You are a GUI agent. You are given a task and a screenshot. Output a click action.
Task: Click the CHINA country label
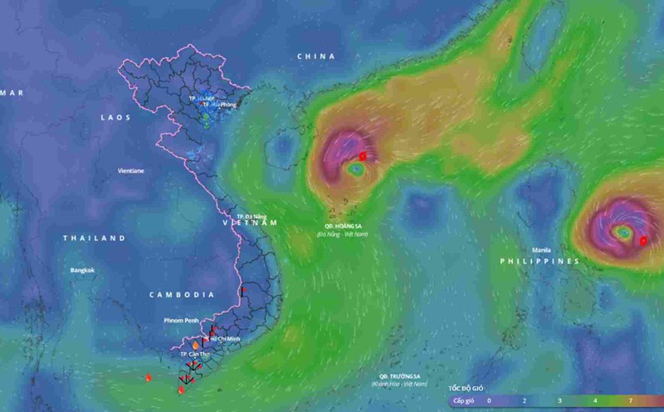tap(316, 56)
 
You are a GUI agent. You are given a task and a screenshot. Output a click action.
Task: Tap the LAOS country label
tap(115, 118)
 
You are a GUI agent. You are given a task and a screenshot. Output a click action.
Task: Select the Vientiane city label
tap(130, 170)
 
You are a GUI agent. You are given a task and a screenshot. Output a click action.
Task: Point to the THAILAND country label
tap(94, 238)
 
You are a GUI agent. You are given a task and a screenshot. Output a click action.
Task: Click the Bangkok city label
tap(82, 270)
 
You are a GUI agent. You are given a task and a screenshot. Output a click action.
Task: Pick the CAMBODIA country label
tap(182, 295)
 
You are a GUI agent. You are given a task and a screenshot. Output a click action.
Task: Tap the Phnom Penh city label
tap(180, 320)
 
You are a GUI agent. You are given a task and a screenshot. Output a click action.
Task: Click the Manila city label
tap(541, 249)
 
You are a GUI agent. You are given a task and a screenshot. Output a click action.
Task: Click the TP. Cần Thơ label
tap(193, 354)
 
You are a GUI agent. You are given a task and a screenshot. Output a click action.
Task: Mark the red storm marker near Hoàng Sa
tap(362, 156)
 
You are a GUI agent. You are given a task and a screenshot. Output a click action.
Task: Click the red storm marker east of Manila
tap(643, 241)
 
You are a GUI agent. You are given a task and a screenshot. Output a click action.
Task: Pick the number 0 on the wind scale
tap(489, 400)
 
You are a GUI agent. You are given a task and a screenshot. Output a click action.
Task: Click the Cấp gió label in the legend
tap(463, 400)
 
